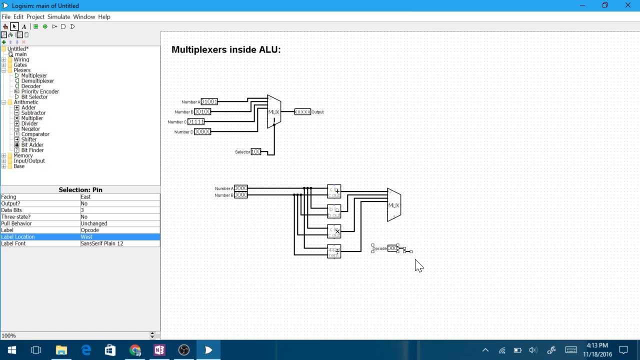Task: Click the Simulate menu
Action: [x=58, y=16]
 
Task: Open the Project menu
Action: [x=35, y=16]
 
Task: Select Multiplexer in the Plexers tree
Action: [x=33, y=75]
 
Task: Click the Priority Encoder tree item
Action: [x=39, y=91]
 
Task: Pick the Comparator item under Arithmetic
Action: [x=35, y=134]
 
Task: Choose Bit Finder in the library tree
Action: [x=32, y=150]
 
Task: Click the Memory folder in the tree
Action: [x=23, y=155]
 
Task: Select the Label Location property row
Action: [x=40, y=237]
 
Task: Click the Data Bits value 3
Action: [x=120, y=210]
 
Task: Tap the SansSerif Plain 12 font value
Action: [x=120, y=243]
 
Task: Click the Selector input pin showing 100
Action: [x=255, y=152]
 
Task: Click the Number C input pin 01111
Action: [x=196, y=122]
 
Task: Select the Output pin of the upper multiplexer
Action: [x=302, y=112]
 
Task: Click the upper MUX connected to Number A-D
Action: [x=274, y=112]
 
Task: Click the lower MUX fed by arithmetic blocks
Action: [x=394, y=205]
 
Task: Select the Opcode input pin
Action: [x=393, y=248]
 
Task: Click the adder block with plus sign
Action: [x=334, y=191]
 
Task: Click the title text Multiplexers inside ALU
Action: [x=226, y=49]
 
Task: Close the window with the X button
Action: [x=628, y=5]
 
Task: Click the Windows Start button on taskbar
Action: [x=12, y=350]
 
